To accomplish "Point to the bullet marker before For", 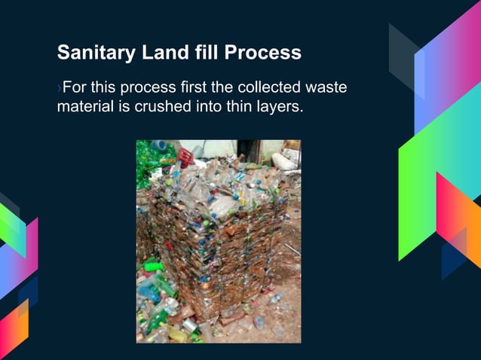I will tap(60, 89).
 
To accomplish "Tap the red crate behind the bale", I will tap(185, 157).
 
